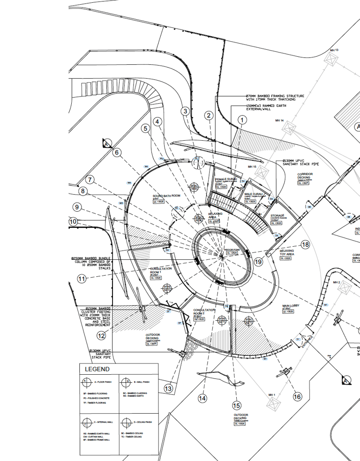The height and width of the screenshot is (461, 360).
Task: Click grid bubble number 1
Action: [x=242, y=120]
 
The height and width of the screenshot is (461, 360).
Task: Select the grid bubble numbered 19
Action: [x=258, y=262]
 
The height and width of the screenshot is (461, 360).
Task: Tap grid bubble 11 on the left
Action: [x=82, y=279]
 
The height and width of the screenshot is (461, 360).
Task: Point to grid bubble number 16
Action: [x=297, y=397]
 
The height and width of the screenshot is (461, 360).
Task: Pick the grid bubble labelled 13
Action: [x=168, y=388]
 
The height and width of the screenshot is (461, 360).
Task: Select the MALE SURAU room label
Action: [x=253, y=194]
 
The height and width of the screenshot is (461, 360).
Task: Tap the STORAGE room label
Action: [x=277, y=216]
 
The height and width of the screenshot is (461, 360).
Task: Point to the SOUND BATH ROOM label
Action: [x=166, y=196]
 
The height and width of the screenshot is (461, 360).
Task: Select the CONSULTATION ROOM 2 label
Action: [x=205, y=311]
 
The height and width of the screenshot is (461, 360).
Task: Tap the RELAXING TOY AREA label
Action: [x=287, y=253]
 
